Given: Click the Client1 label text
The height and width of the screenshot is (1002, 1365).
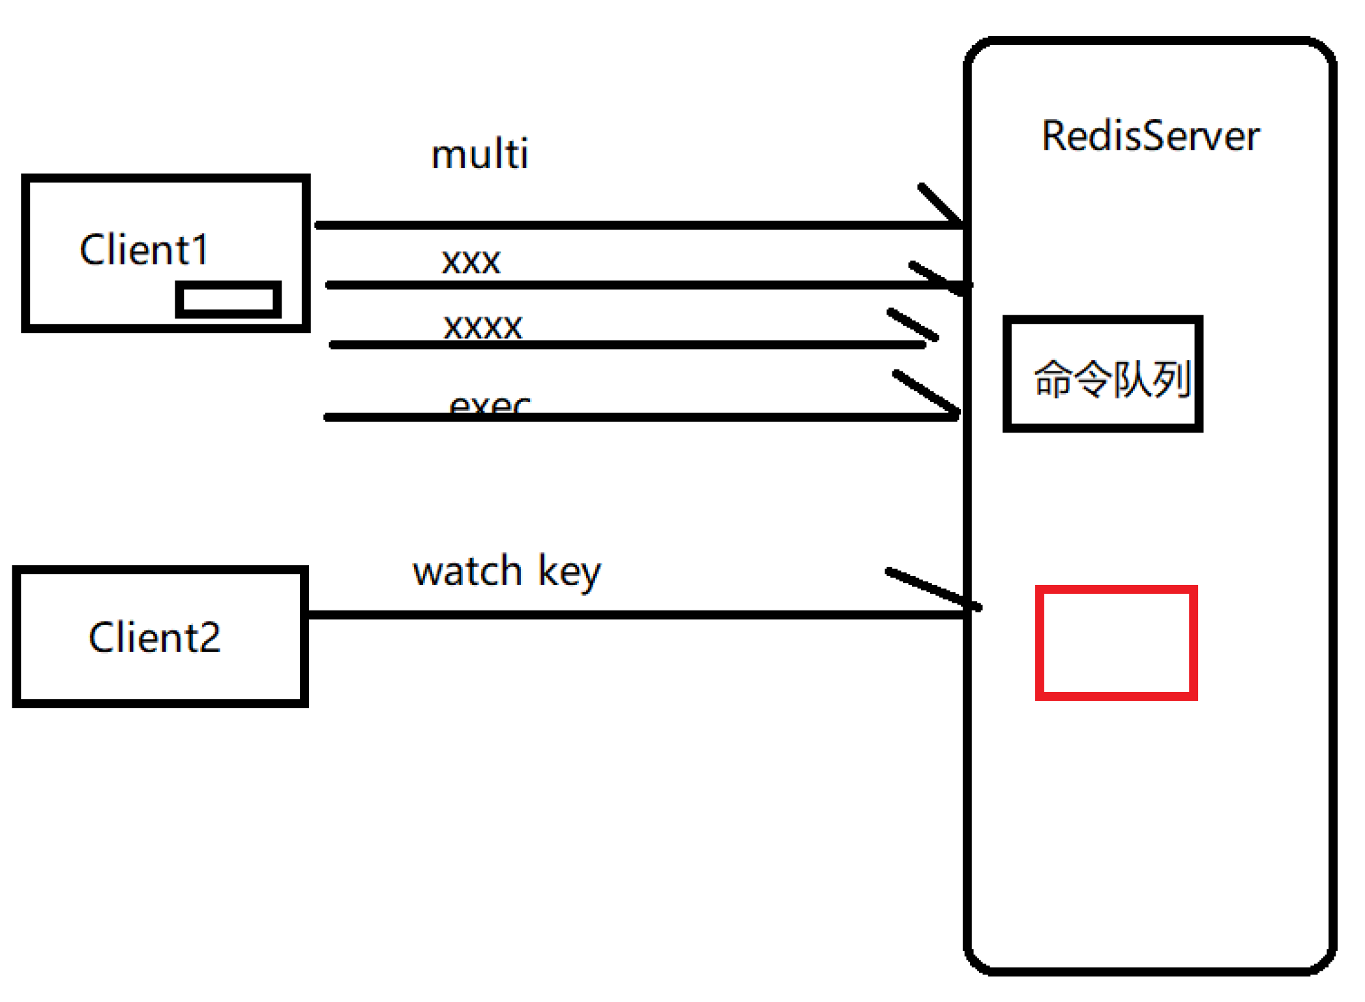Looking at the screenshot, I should coord(144,250).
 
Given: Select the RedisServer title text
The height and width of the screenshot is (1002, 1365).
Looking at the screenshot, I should coord(1150,136).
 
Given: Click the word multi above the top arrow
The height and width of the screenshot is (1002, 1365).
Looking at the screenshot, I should coord(480,154).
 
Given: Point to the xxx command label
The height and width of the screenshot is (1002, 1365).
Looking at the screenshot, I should coord(471,262).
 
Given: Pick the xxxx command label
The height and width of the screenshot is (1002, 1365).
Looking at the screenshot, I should coord(482,326).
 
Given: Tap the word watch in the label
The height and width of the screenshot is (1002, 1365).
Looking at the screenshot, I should coord(467,571).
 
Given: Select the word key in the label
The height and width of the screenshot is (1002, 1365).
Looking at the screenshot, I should coord(569,573).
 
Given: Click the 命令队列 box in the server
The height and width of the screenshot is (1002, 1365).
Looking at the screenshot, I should coord(1102,374).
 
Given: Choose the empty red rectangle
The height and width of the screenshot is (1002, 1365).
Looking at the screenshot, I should coord(1116,643).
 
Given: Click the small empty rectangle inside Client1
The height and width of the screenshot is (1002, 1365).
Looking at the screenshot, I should coord(228,300).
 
